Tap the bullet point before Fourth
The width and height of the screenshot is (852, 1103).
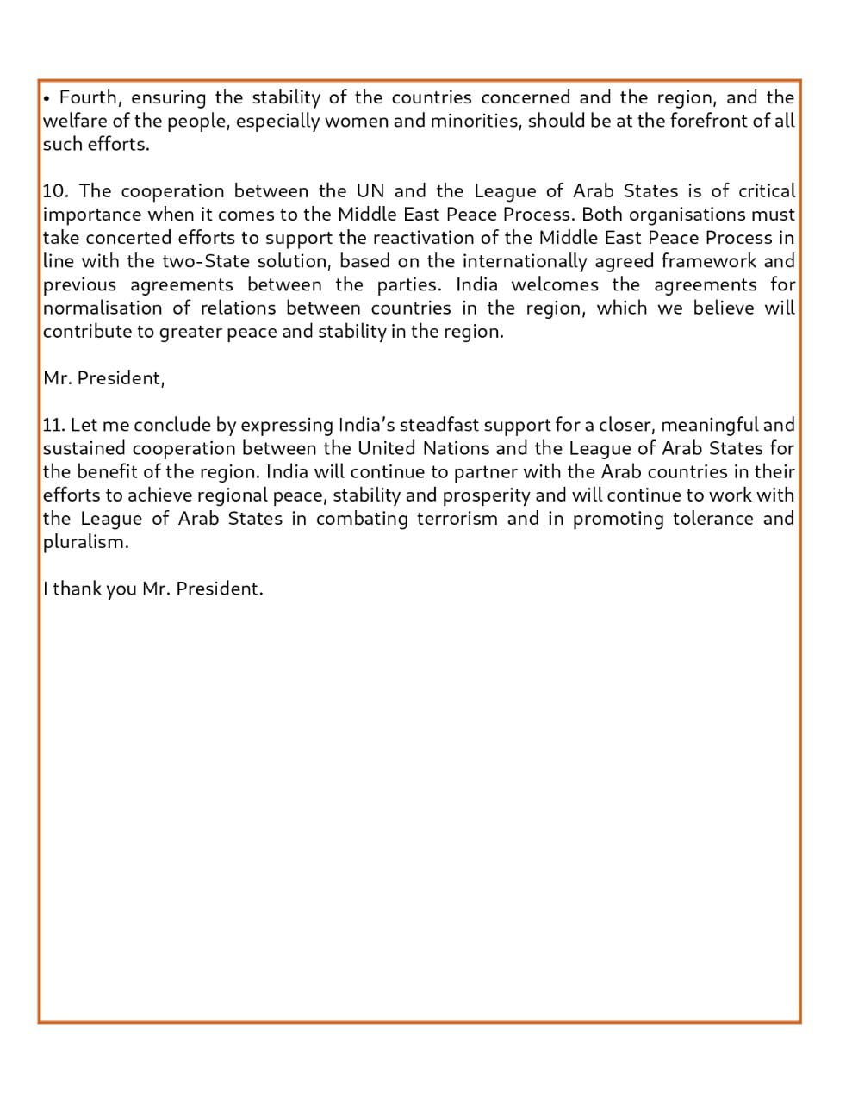(x=47, y=98)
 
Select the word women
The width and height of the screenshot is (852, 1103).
(x=357, y=121)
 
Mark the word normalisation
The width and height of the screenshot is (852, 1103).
(x=103, y=308)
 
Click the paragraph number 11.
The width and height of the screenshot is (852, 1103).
(x=53, y=425)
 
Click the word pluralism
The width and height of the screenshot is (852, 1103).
(x=85, y=542)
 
